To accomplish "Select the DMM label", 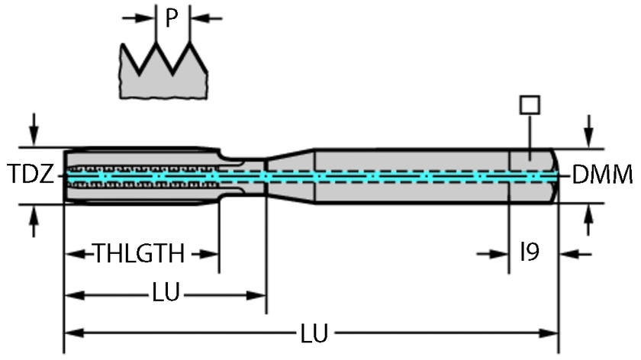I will pyautogui.click(x=602, y=175).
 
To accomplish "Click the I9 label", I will pyautogui.click(x=530, y=252).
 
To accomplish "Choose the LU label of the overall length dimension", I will pyautogui.click(x=314, y=333).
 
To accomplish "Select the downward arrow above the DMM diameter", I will pyautogui.click(x=588, y=130).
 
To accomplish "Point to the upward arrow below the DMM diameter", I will pyautogui.click(x=588, y=222).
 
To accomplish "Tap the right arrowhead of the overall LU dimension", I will pyautogui.click(x=551, y=333).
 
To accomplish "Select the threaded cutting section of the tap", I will pyautogui.click(x=141, y=175).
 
